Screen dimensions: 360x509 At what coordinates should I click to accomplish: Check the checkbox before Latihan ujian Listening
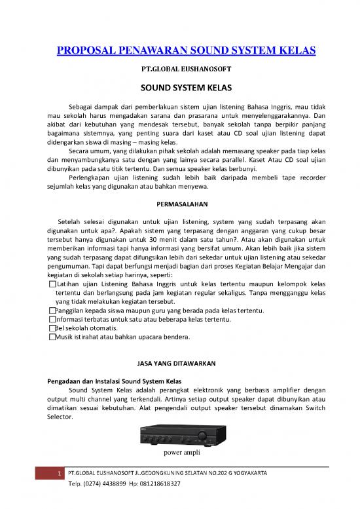[x=52, y=284]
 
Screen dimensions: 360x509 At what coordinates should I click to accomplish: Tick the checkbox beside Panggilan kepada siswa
[x=52, y=311]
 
